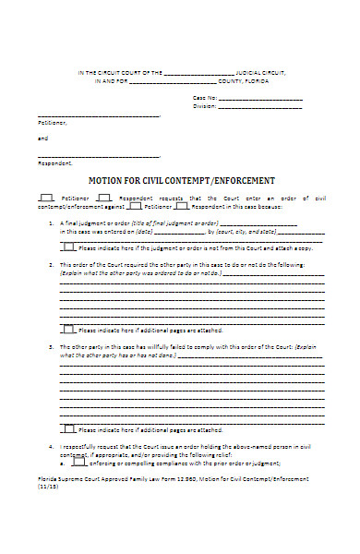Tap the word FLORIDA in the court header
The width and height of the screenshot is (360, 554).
tap(270, 80)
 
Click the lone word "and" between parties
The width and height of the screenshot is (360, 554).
tap(42, 138)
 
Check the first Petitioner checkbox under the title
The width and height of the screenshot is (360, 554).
tap(45, 198)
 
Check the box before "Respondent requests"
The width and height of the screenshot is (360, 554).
tap(103, 198)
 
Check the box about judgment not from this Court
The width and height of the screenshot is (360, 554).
tap(69, 247)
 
